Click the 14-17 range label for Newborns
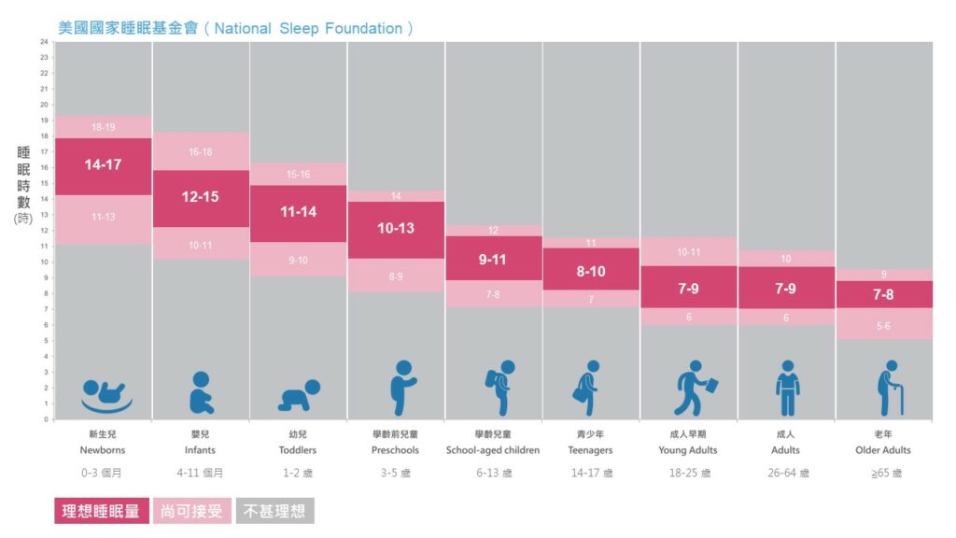click(103, 165)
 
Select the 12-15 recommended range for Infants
click(200, 197)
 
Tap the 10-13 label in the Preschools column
click(396, 228)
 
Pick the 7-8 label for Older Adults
click(883, 294)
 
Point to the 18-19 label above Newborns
click(103, 127)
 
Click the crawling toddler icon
click(299, 394)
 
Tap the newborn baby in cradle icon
click(105, 395)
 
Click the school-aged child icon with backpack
click(499, 388)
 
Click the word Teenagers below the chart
click(591, 450)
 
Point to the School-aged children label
click(493, 450)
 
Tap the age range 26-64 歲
click(786, 474)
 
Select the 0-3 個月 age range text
click(103, 474)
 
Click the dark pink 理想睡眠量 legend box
click(101, 511)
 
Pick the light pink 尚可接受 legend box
click(191, 511)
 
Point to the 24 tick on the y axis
click(44, 42)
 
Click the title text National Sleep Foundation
click(308, 28)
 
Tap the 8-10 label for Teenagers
click(591, 272)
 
